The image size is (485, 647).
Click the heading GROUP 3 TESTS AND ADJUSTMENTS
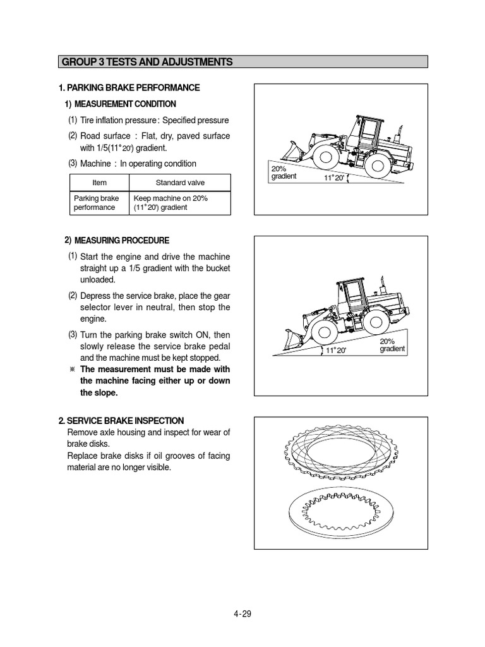click(x=147, y=62)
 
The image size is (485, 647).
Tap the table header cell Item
click(x=99, y=183)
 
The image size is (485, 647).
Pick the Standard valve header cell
click(x=180, y=183)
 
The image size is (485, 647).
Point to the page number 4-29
click(x=242, y=614)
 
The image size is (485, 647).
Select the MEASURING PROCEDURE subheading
click(x=121, y=241)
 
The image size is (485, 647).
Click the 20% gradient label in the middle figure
click(x=392, y=345)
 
